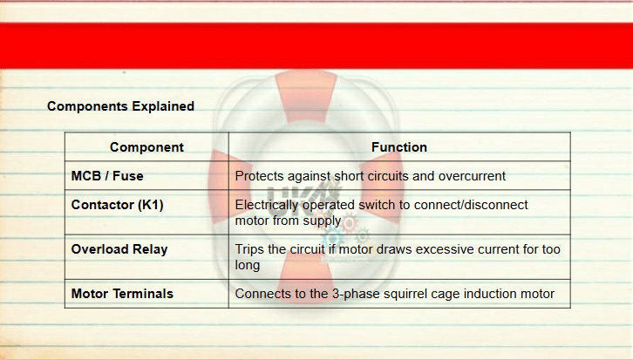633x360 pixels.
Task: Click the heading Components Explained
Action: point(120,106)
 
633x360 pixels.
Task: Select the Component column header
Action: point(146,147)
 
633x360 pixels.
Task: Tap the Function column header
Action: point(398,147)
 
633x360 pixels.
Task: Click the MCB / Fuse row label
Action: point(107,176)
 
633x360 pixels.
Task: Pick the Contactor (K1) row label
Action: point(117,205)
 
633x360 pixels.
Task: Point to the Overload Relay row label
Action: point(119,249)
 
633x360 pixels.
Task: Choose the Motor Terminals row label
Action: point(122,294)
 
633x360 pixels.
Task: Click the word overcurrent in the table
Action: point(472,176)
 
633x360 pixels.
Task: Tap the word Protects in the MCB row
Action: point(260,176)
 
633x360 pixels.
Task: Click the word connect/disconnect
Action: point(471,205)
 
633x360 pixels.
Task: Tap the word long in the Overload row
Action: point(248,266)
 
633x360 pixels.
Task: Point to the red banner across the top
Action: point(316,45)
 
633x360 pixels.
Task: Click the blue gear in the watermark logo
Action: point(333,237)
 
